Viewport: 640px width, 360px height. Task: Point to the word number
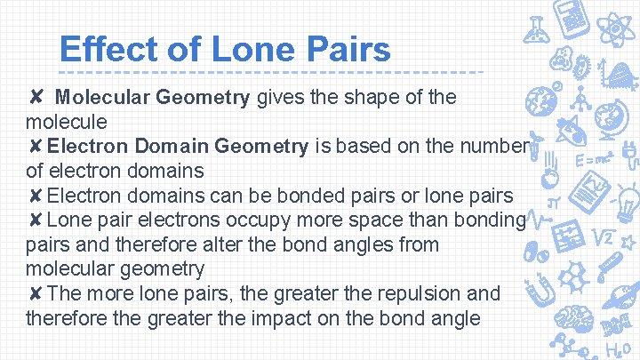492,146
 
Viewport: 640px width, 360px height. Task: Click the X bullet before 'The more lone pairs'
34,293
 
